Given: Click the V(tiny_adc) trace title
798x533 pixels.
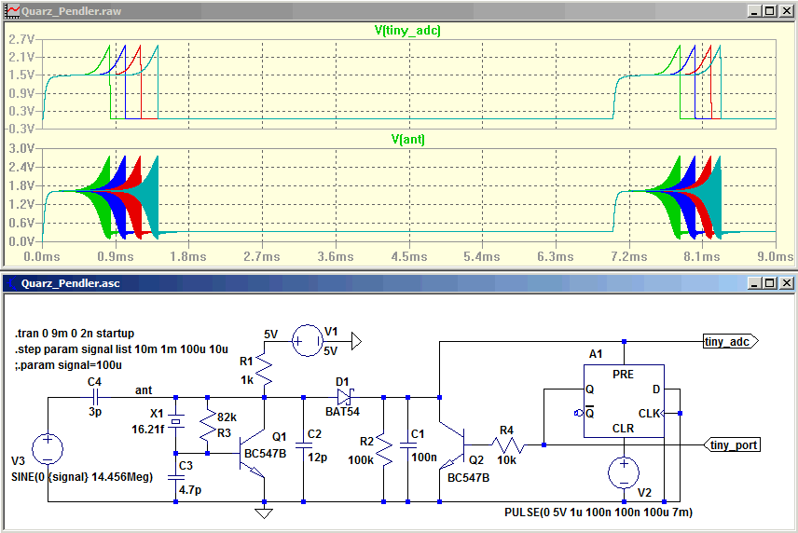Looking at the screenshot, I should (407, 31).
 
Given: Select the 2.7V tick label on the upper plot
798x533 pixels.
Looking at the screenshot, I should (21, 41).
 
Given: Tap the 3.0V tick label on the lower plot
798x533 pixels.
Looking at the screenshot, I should (21, 149).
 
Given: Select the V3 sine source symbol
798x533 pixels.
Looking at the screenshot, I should (47, 448).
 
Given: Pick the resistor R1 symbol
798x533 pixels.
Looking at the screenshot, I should (265, 373).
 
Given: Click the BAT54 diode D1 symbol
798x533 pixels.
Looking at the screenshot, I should (342, 395).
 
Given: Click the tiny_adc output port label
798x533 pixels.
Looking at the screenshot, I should (727, 342).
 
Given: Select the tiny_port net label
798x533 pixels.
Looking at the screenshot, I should (733, 445).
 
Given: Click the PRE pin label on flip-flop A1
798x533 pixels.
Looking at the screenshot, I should (624, 373).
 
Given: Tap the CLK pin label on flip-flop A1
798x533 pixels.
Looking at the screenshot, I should (649, 413).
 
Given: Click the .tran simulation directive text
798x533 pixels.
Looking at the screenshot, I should (75, 333).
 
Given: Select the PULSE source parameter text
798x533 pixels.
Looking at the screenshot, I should (597, 512).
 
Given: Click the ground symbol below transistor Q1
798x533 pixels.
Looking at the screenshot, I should (265, 512).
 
